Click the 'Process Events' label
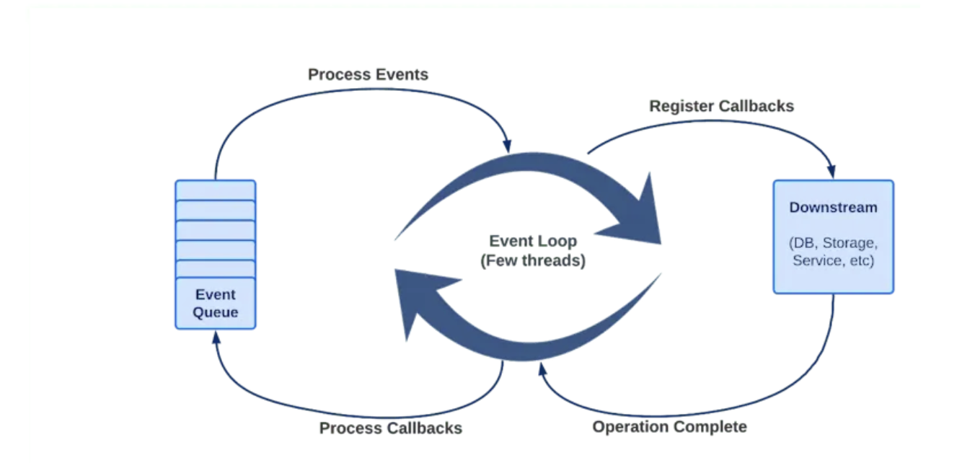point(368,75)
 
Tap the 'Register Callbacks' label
point(721,106)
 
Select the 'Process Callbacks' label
point(391,428)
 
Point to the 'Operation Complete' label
point(669,427)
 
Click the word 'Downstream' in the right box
point(833,208)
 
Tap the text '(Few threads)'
point(533,260)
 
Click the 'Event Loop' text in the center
point(533,241)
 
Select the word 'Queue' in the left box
point(215,312)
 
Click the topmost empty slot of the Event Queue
point(216,190)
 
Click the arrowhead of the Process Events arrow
point(507,146)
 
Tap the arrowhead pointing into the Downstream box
point(831,171)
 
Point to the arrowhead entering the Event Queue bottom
point(216,338)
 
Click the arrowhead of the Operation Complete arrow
point(542,369)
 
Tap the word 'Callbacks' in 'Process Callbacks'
point(425,428)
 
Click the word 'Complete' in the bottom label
point(710,427)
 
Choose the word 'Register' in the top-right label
point(681,106)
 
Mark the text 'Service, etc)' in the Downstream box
point(833,260)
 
